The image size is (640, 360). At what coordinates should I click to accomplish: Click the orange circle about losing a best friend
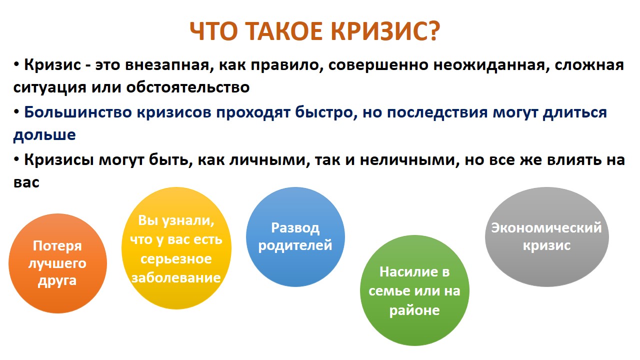[57, 263]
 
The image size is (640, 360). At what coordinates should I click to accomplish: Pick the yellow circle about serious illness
[176, 248]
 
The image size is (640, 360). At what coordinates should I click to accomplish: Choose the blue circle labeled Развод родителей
[295, 237]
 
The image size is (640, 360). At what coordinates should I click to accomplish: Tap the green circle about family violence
[414, 290]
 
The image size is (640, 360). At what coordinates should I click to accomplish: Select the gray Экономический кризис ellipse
[547, 237]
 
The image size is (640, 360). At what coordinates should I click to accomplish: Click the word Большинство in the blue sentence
[78, 112]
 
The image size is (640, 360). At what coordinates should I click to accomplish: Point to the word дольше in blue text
[44, 134]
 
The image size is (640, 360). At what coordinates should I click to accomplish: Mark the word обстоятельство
[188, 87]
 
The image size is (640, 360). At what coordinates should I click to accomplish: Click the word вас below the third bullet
[26, 183]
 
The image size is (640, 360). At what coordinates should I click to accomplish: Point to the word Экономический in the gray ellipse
[546, 228]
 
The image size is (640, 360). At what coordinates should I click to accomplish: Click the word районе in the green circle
[414, 310]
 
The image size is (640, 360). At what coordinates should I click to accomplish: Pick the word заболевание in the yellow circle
[176, 277]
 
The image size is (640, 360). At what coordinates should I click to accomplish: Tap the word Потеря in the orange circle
[57, 246]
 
